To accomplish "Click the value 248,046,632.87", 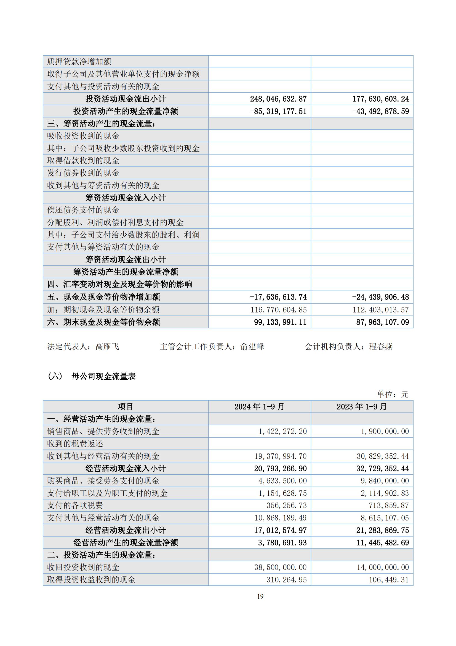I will click(x=278, y=99).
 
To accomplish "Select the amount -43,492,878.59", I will click(x=380, y=111).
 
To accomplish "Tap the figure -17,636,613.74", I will click(x=278, y=297).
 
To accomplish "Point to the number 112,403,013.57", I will click(x=381, y=310).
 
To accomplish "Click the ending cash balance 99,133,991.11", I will click(x=280, y=322).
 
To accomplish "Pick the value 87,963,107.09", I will click(x=382, y=322).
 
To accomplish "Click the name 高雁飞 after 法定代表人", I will click(x=107, y=347).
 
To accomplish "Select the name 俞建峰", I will click(x=252, y=347).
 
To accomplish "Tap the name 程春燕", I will click(x=381, y=347).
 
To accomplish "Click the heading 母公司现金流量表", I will click(x=104, y=376).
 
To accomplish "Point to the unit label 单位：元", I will click(x=393, y=395).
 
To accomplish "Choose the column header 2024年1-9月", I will click(x=259, y=406).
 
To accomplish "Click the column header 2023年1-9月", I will click(x=362, y=406).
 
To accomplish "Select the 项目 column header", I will click(x=125, y=406).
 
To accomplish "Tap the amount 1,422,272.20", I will click(x=282, y=431).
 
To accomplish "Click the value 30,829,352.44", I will click(x=383, y=456).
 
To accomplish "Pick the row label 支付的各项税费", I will click(x=75, y=506).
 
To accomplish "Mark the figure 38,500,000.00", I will click(x=280, y=568).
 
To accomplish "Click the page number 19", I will click(x=260, y=597).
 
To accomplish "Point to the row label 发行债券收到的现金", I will click(x=83, y=173).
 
